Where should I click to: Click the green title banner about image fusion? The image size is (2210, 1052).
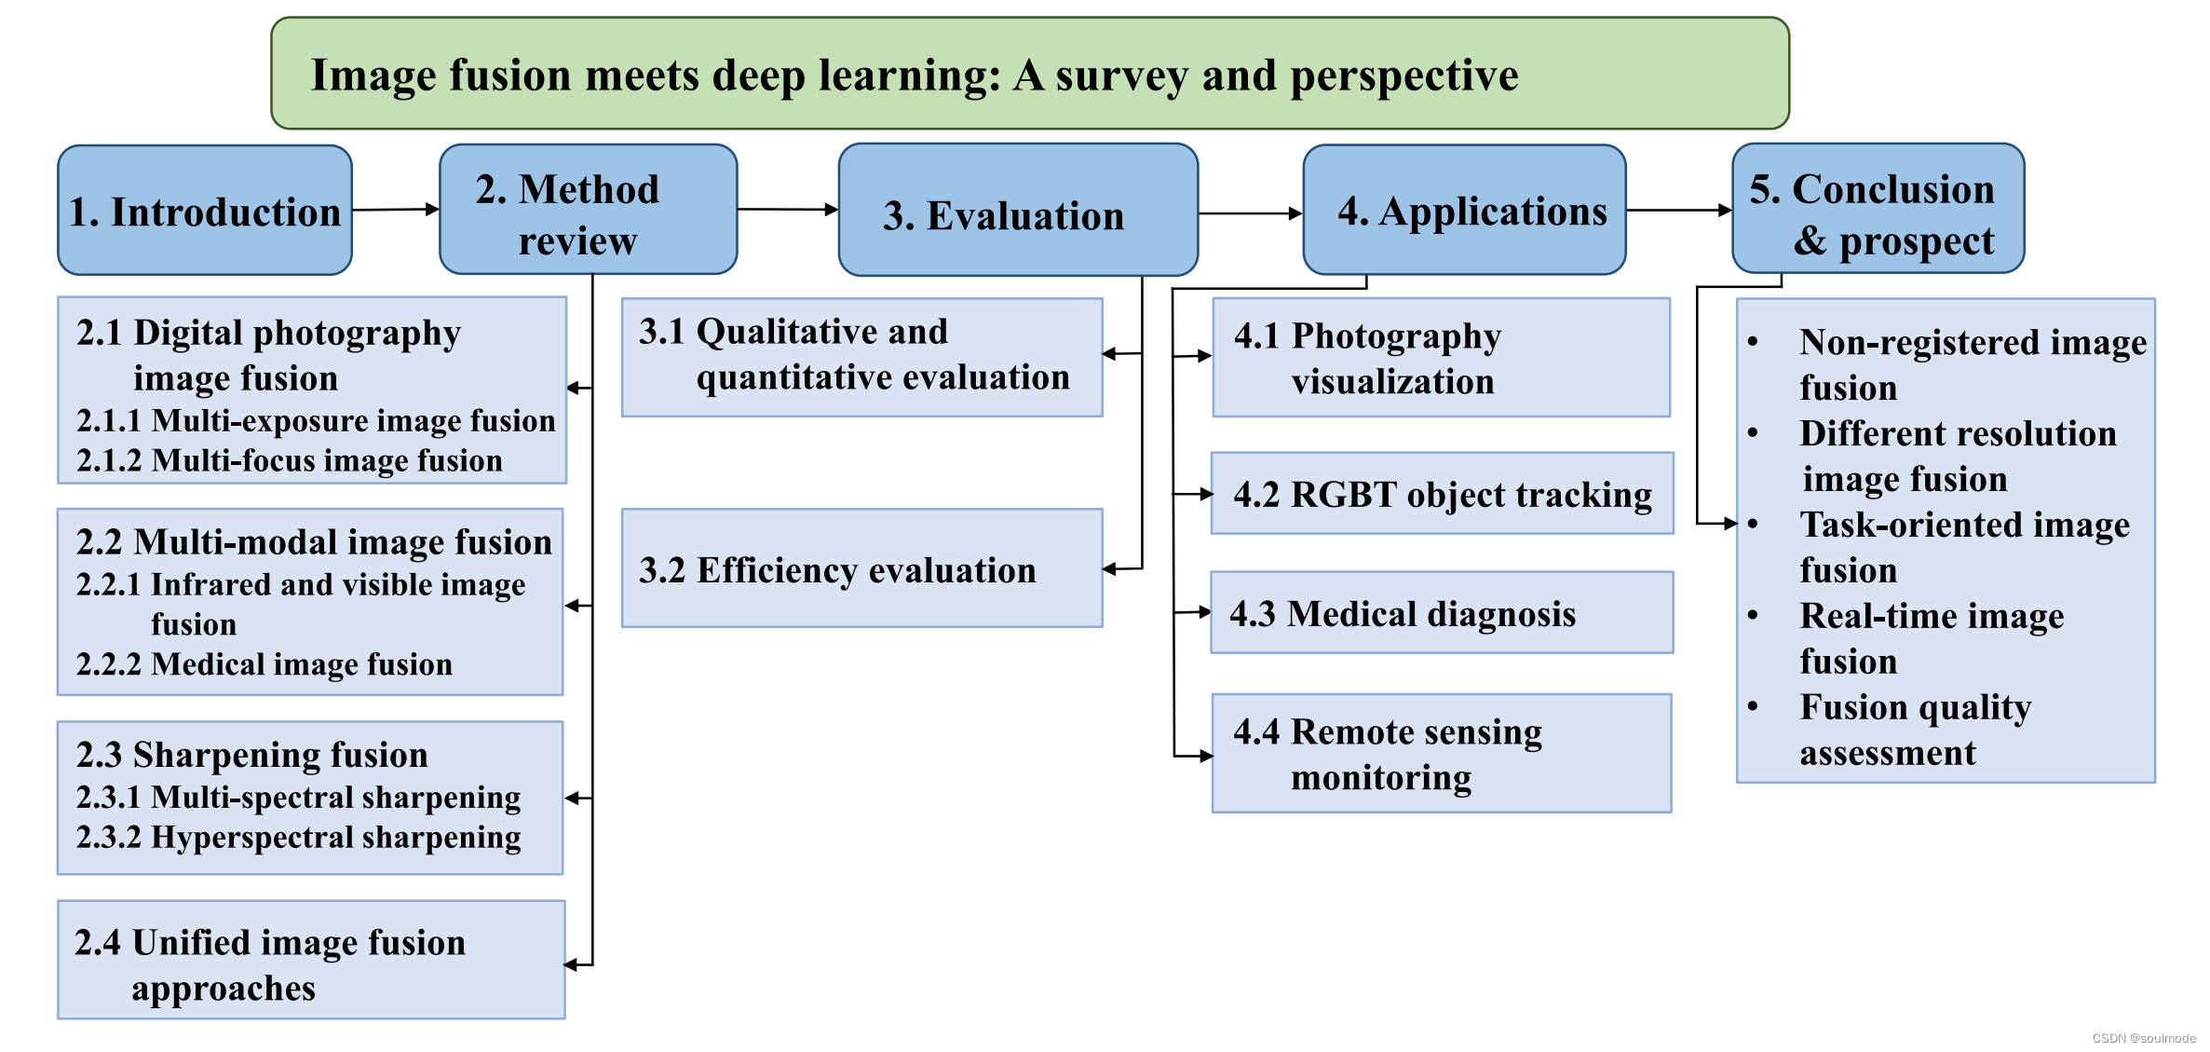1029,74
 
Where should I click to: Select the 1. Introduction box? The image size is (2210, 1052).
205,211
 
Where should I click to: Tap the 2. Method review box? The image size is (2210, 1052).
588,211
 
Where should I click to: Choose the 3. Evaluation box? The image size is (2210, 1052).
1017,212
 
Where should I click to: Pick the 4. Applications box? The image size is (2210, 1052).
1464,211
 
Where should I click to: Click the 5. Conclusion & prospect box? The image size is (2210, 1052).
1878,211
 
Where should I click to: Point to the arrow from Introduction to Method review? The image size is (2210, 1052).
395,210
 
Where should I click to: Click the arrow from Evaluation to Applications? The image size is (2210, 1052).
1250,213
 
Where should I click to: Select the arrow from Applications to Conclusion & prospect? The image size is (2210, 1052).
1678,211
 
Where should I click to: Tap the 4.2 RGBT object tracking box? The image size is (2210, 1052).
1442,494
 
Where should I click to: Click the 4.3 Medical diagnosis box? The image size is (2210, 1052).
1442,613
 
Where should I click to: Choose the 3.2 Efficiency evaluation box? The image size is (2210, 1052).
861,568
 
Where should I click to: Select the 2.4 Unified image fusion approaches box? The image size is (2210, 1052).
311,960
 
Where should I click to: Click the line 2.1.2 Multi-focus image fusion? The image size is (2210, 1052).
290,460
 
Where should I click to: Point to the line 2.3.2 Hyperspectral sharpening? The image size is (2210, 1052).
298,837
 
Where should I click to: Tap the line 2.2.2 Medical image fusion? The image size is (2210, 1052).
264,663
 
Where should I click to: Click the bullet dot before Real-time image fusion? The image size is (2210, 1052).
1753,615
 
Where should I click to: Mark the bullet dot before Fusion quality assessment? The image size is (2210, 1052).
1753,706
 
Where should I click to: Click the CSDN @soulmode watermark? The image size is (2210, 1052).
2143,1038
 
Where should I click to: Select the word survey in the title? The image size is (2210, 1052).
1121,75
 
